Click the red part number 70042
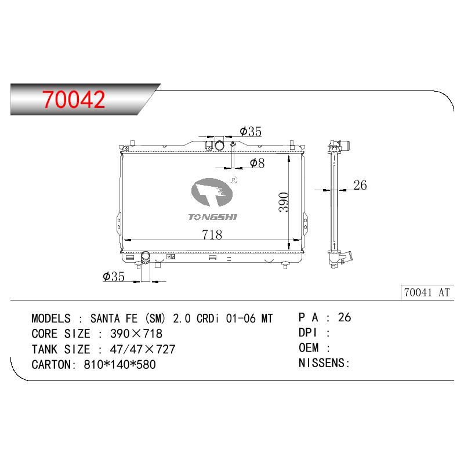click(74, 99)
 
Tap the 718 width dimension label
click(212, 235)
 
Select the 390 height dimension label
click(284, 202)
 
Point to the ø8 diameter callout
click(257, 163)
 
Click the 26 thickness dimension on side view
click(360, 185)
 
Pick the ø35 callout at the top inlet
click(251, 132)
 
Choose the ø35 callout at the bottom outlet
click(114, 277)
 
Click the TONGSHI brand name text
click(213, 217)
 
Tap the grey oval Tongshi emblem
click(212, 193)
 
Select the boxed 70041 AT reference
click(427, 292)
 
